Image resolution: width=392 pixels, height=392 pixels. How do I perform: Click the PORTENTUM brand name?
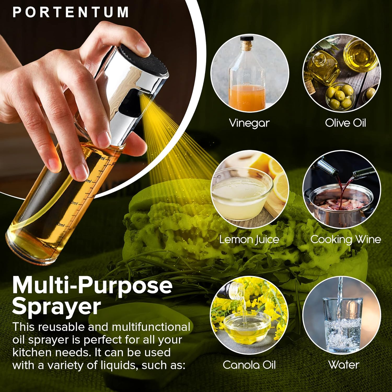(71, 12)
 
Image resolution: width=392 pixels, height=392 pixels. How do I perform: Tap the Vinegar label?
(249, 123)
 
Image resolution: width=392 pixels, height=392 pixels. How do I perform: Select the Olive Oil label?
(345, 123)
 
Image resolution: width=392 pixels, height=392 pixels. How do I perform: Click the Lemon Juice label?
(249, 239)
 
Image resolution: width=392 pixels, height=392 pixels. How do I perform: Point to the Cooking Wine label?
(345, 239)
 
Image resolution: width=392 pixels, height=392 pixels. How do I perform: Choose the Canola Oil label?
(249, 365)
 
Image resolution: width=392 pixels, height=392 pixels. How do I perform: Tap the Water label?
(344, 365)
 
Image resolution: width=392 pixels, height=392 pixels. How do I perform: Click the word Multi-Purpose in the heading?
(92, 285)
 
